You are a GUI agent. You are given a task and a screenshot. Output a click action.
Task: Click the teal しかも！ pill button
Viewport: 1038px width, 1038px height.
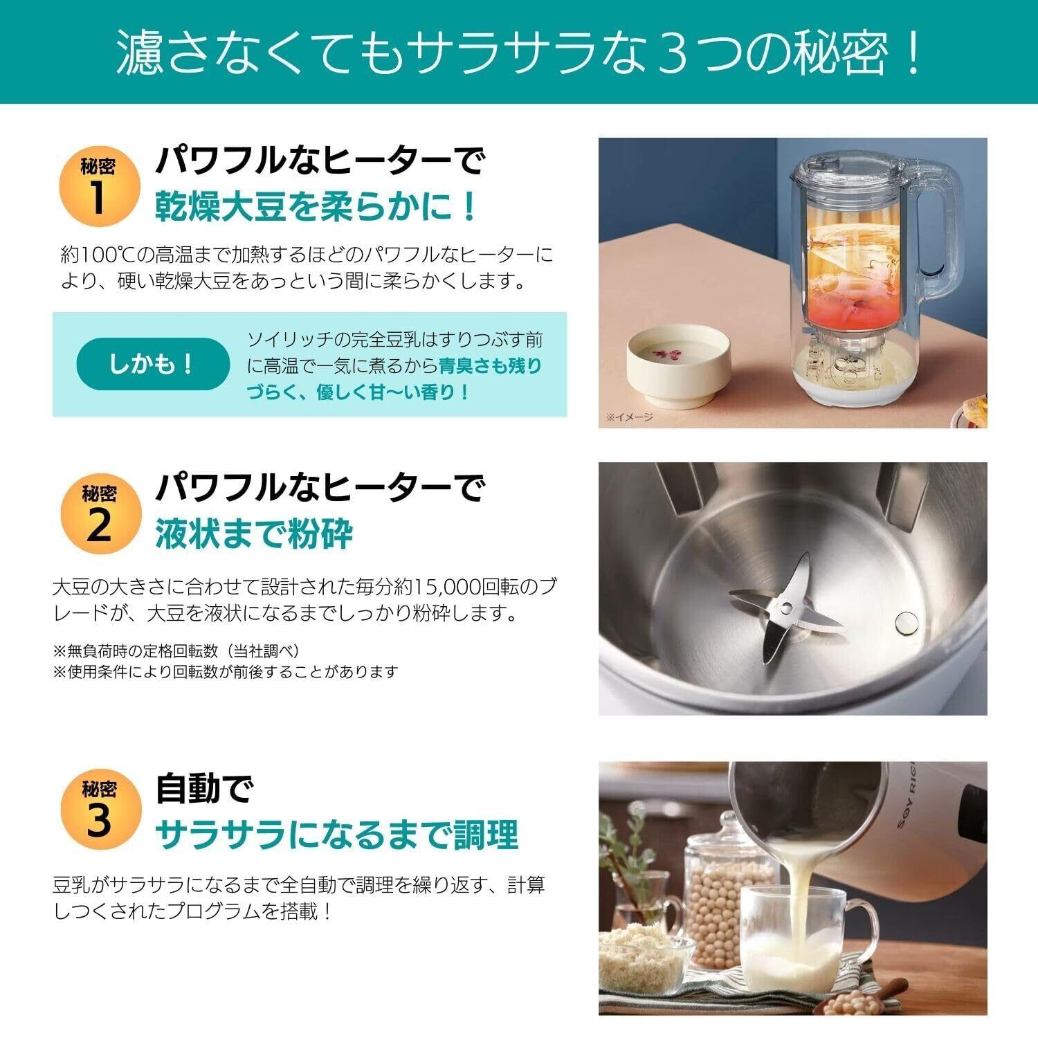coord(152,364)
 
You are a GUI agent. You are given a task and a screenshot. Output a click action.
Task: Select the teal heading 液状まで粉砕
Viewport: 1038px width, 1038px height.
coord(254,533)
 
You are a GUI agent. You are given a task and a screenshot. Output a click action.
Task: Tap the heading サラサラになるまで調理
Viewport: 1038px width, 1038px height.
coord(336,835)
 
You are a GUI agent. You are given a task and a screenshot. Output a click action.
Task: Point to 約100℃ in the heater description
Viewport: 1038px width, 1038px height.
coord(92,255)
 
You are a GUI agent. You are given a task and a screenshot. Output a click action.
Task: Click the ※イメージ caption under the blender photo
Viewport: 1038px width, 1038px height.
coord(630,417)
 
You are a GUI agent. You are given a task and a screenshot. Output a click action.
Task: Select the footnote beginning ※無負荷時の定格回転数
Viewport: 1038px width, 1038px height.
coord(176,650)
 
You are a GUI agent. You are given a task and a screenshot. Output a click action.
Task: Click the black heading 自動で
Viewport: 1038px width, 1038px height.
coord(205,789)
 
